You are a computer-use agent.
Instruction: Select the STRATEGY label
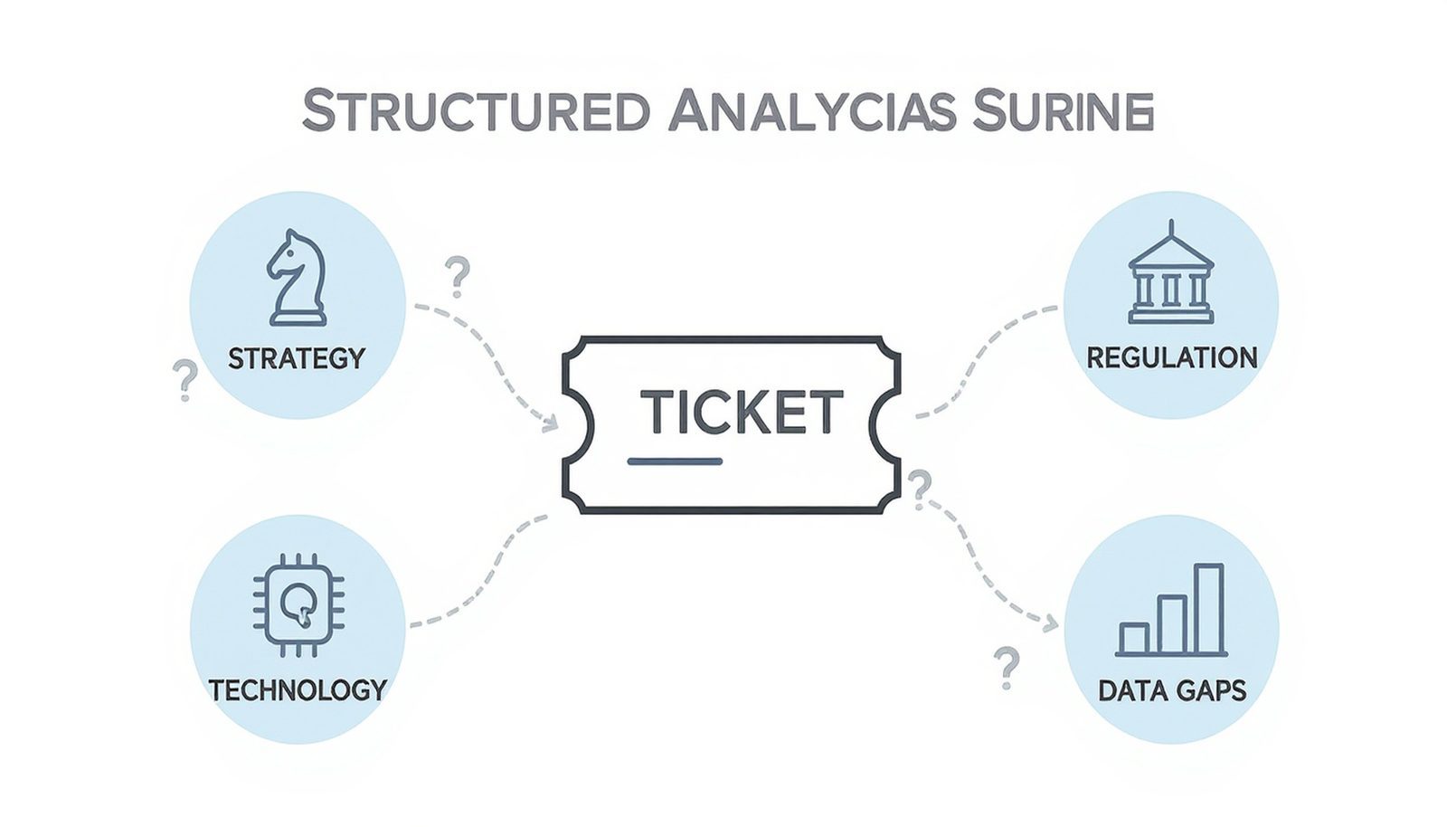[296, 358]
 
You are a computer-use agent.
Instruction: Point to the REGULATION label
[1171, 357]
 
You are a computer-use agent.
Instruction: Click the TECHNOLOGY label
[298, 690]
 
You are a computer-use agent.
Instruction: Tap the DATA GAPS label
[1171, 691]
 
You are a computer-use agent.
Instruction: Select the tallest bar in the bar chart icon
[1208, 608]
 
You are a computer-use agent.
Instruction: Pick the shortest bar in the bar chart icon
[1133, 638]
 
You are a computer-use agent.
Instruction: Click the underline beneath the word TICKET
[675, 462]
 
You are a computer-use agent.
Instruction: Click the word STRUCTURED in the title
[475, 112]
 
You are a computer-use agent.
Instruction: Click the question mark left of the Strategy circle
[184, 380]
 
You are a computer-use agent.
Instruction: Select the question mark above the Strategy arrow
[458, 277]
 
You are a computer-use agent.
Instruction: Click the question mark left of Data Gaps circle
[1005, 668]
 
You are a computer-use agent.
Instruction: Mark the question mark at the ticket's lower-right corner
[920, 490]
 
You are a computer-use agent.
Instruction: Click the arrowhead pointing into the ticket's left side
[548, 422]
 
